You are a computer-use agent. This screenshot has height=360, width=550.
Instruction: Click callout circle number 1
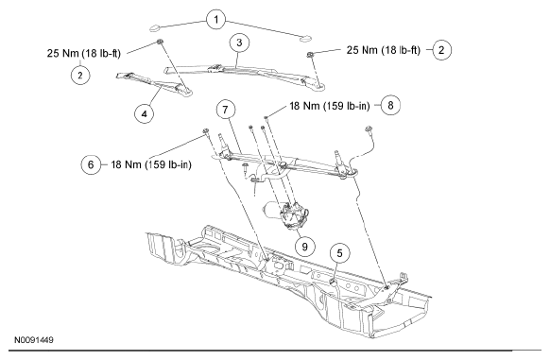tap(216, 19)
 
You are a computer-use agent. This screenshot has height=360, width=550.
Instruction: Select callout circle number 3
tap(239, 43)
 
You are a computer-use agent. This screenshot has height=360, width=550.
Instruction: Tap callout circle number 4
tap(145, 113)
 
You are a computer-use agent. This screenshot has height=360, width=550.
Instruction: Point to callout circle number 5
tap(339, 253)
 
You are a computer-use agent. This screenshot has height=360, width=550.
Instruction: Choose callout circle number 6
tap(91, 164)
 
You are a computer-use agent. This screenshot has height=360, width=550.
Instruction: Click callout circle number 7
tap(225, 110)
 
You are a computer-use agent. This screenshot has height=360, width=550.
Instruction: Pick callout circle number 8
tap(390, 105)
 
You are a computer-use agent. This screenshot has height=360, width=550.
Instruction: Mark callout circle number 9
tap(304, 247)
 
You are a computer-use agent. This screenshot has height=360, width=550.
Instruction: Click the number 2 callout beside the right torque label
tap(441, 50)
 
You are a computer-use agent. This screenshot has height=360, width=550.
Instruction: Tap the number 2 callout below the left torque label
tap(80, 75)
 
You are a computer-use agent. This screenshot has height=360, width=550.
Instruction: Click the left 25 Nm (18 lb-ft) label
tap(84, 53)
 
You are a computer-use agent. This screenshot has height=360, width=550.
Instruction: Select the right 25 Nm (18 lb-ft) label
tap(384, 50)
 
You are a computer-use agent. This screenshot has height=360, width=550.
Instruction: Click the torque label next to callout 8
tap(330, 106)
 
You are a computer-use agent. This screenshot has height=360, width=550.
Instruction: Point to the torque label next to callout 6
tap(151, 164)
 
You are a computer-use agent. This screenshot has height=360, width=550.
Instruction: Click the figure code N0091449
tap(34, 340)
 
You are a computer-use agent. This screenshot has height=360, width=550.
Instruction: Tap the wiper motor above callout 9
tap(286, 214)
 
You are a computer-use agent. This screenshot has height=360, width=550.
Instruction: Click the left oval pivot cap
tap(155, 27)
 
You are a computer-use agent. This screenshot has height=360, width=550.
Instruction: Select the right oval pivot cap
tap(305, 38)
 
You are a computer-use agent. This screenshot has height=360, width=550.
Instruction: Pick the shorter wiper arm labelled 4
tap(154, 83)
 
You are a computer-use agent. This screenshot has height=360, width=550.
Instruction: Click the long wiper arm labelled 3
tap(245, 75)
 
